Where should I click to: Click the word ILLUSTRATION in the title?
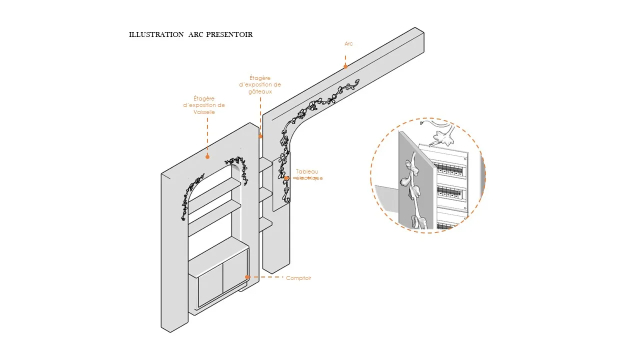pyautogui.click(x=156, y=34)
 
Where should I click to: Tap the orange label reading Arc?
pyautogui.click(x=348, y=44)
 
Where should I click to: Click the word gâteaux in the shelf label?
pyautogui.click(x=260, y=91)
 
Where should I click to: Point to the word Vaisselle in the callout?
pyautogui.click(x=204, y=112)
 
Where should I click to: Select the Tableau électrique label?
pyautogui.click(x=307, y=174)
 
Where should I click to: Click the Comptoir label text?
pyautogui.click(x=298, y=278)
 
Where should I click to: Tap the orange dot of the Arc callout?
pyautogui.click(x=345, y=66)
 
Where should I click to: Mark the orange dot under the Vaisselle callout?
pyautogui.click(x=207, y=156)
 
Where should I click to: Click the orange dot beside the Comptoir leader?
pyautogui.click(x=247, y=276)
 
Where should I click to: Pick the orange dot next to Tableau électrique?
pyautogui.click(x=286, y=177)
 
